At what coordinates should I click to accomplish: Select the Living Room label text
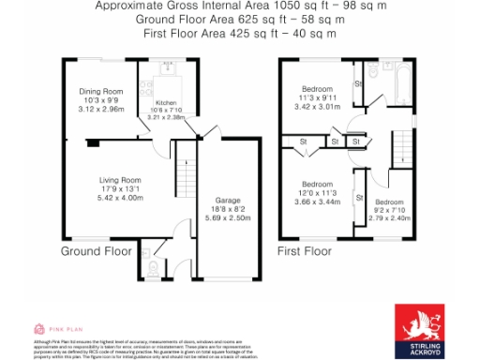(121, 180)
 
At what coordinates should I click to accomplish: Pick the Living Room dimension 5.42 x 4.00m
(121, 198)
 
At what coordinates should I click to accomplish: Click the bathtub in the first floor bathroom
(396, 83)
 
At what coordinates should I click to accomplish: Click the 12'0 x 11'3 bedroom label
(318, 193)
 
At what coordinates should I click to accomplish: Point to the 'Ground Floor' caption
(97, 252)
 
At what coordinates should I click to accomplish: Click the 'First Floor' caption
(305, 252)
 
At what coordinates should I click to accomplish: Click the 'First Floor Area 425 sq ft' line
(240, 33)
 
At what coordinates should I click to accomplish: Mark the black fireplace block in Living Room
(92, 143)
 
